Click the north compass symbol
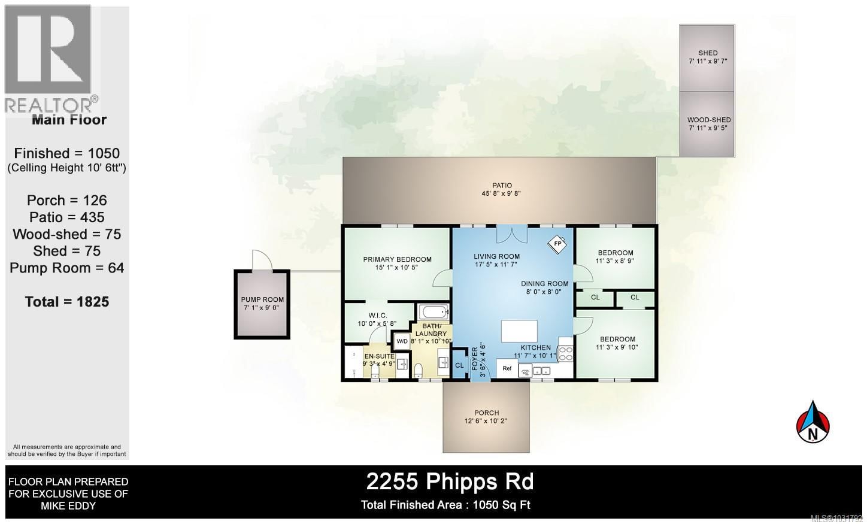pos(813,422)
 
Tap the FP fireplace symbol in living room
pos(557,244)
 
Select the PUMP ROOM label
pos(262,299)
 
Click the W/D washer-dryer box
pos(402,341)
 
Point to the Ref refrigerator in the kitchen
pos(507,368)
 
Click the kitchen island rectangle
pos(519,331)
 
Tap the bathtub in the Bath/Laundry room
pos(433,312)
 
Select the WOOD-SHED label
pos(708,120)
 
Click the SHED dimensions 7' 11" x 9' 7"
pos(708,61)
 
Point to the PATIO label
pos(502,186)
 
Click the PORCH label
pos(486,413)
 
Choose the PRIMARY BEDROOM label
pos(397,259)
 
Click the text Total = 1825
pos(67,302)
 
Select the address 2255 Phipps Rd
pos(450,481)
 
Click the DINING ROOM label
pos(544,284)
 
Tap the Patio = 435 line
pos(66,217)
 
